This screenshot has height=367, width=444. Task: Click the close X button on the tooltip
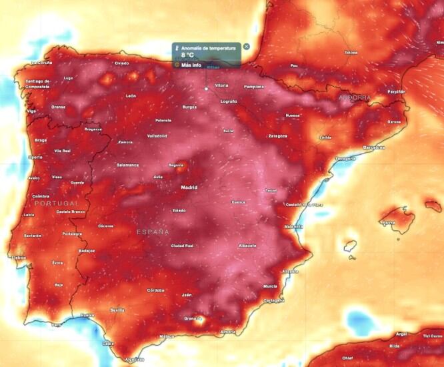point(247,47)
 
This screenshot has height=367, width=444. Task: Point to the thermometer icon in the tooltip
point(177,47)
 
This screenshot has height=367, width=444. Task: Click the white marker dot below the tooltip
point(207,88)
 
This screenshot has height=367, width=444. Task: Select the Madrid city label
point(189,188)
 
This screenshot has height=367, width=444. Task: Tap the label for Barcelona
point(374,147)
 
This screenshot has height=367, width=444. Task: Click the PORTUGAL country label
point(57,203)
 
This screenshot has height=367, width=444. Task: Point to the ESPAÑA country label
point(153,232)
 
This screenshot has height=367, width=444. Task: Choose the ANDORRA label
point(354,97)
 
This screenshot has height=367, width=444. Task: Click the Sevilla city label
point(118,310)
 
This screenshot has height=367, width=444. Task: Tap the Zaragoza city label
point(278,135)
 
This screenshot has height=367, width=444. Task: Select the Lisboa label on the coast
point(18,257)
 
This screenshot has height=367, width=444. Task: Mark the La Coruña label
point(41,63)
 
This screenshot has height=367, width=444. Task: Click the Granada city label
point(193,318)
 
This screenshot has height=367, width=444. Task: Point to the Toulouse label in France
point(351,52)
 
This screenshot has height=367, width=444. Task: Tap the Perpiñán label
point(396,91)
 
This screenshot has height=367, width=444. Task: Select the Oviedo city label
point(121,63)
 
